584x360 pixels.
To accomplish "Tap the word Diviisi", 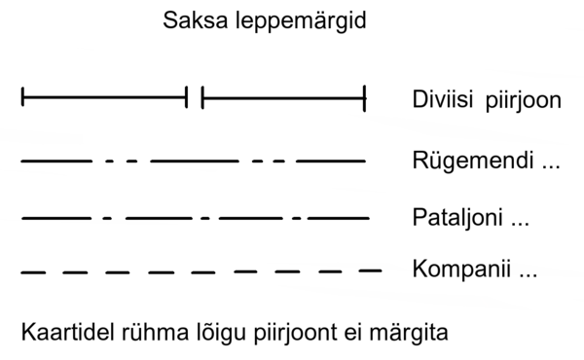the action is pyautogui.click(x=442, y=100).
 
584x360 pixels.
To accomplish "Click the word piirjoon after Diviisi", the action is pyautogui.click(x=525, y=102).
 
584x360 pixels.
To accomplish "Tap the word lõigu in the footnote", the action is pyautogui.click(x=203, y=334).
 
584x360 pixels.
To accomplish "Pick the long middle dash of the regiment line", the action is pyautogui.click(x=194, y=159).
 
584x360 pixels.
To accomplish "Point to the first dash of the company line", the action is pyautogui.click(x=33, y=271).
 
